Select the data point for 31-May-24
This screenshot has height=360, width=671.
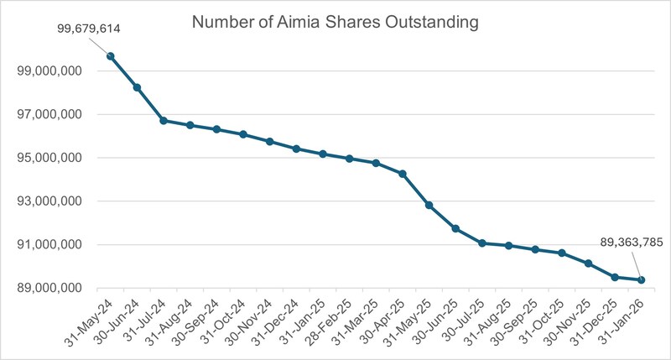pos(110,56)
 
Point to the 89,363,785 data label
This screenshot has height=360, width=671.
pos(619,243)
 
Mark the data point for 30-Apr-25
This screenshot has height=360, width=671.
pos(403,174)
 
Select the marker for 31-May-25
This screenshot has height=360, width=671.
pos(429,205)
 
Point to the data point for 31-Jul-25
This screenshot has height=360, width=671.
pos(482,243)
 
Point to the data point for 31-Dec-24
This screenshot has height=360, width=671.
pos(296,149)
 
